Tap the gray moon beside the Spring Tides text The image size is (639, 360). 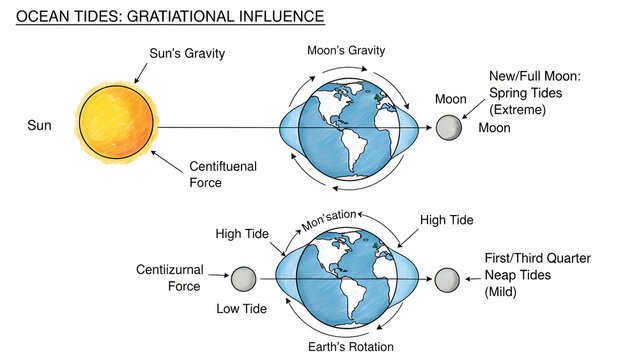pyautogui.click(x=449, y=128)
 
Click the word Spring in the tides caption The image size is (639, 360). pyautogui.click(x=509, y=92)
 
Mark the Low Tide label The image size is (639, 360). pyautogui.click(x=242, y=309)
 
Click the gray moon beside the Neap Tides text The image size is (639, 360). pyautogui.click(x=446, y=279)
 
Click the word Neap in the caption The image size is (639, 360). pyautogui.click(x=502, y=275)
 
